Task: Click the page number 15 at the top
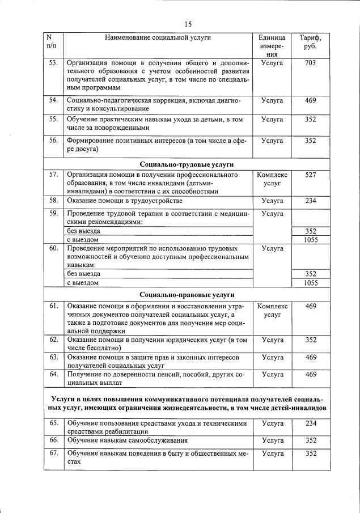click(188, 24)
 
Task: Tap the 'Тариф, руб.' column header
click(310, 42)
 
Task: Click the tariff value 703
click(310, 63)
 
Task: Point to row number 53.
click(53, 63)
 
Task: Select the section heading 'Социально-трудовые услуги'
click(186, 164)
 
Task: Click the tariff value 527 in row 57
click(310, 175)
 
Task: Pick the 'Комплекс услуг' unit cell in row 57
click(272, 179)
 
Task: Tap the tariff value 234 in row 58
click(310, 201)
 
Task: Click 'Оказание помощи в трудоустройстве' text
click(125, 201)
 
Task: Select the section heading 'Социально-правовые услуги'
click(186, 295)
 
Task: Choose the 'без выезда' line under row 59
click(84, 231)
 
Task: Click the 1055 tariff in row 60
click(310, 282)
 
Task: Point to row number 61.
click(53, 306)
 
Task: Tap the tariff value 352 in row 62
click(310, 340)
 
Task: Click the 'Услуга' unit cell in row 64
click(272, 375)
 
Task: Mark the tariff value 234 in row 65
click(310, 423)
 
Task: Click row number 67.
click(53, 453)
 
